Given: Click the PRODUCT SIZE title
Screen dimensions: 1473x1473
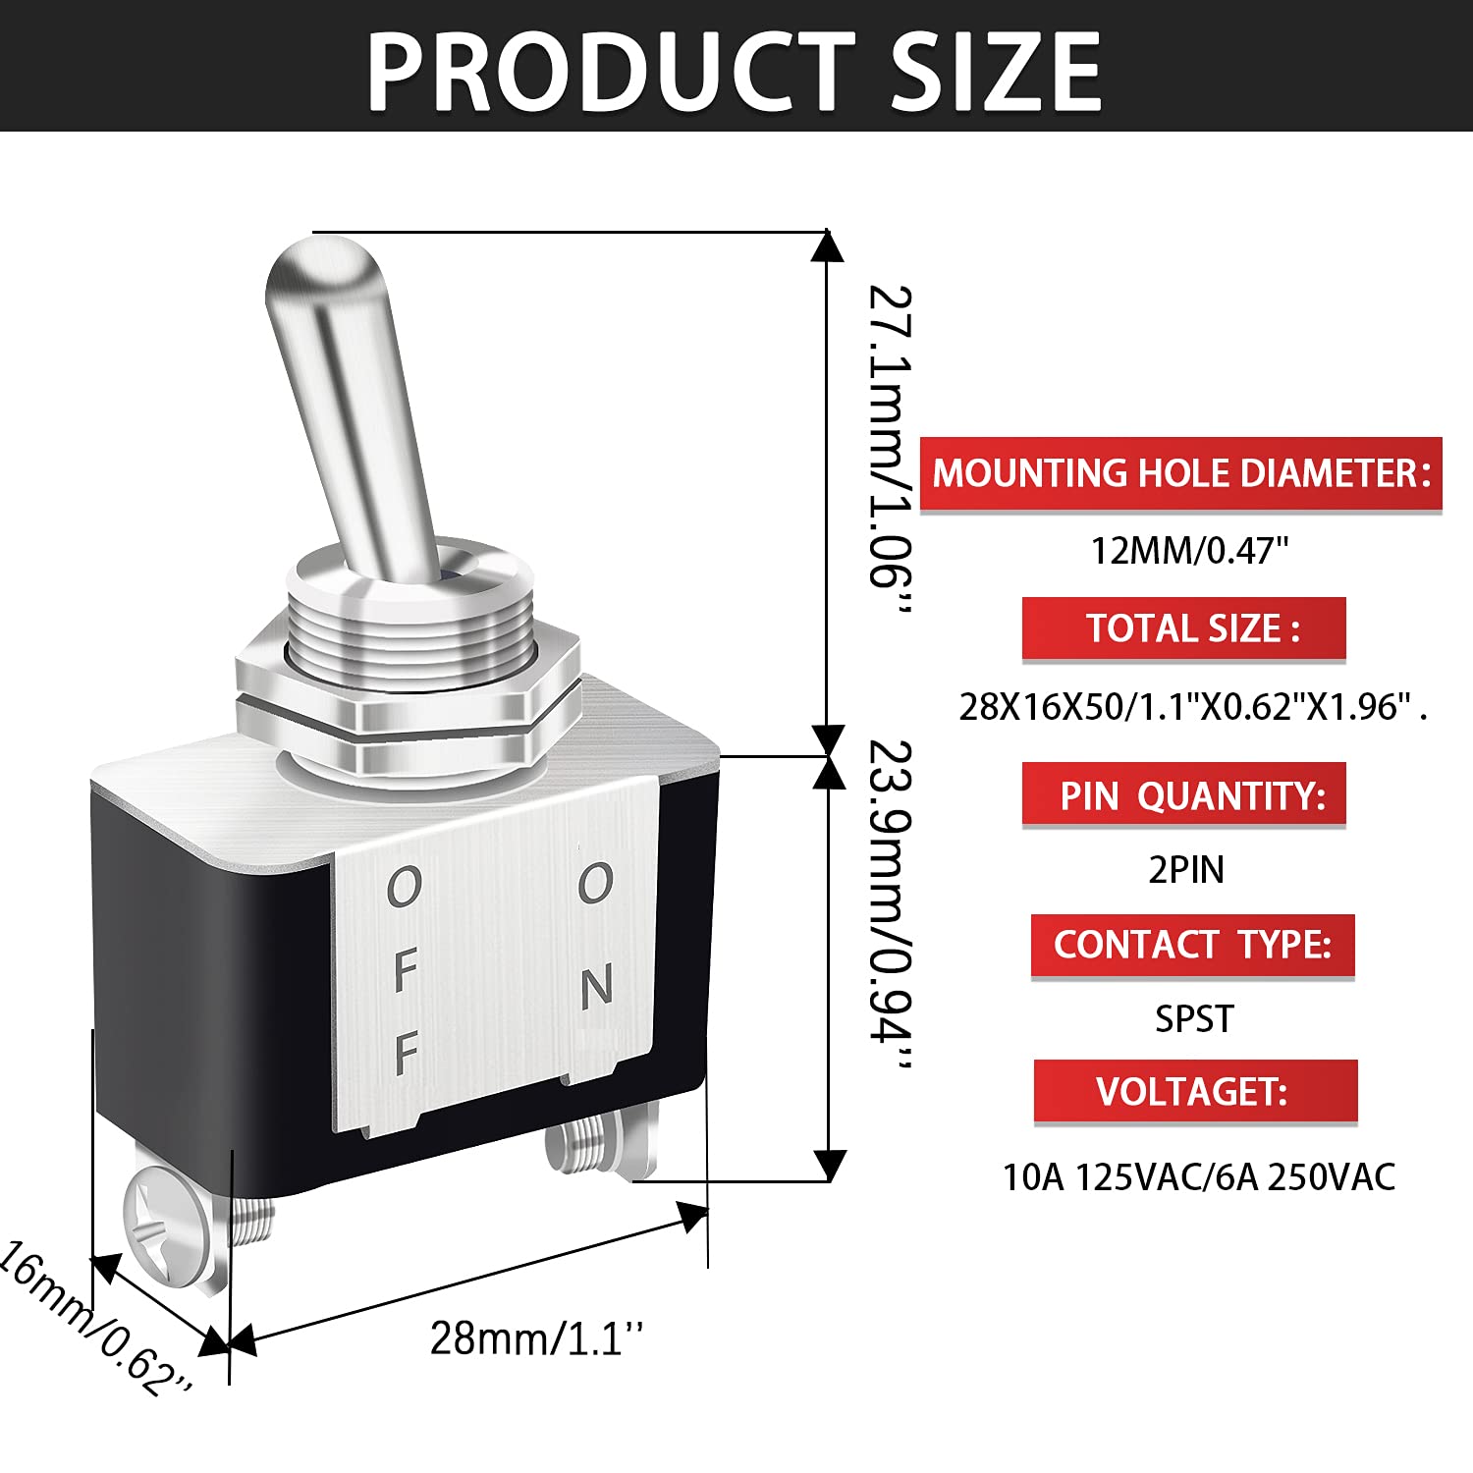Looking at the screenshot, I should [735, 71].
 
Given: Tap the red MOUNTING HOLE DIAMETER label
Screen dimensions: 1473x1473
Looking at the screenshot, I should [1180, 473].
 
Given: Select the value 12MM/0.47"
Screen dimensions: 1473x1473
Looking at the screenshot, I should [1189, 551].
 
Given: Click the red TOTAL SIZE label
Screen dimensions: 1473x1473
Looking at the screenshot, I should [1184, 628].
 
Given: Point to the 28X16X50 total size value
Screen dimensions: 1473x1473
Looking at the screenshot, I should [1191, 706].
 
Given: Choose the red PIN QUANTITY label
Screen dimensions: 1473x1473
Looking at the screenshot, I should [1184, 794].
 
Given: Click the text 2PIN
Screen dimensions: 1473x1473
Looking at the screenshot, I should [1186, 870].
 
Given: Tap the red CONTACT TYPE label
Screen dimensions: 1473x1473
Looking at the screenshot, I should [1192, 946].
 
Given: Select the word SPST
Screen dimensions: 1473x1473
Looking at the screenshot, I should [1193, 1019].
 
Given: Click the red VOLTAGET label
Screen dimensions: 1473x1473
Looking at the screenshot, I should [1195, 1091].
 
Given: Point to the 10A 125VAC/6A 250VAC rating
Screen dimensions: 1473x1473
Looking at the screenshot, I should [1198, 1176].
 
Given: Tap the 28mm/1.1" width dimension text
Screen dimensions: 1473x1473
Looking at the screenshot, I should [536, 1337].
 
